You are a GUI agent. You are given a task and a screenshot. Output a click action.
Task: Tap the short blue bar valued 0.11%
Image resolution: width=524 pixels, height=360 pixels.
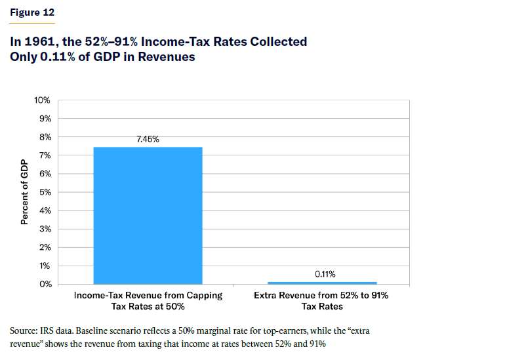click(321, 283)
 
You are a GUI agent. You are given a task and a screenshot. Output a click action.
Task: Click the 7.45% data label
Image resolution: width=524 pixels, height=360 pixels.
click(148, 139)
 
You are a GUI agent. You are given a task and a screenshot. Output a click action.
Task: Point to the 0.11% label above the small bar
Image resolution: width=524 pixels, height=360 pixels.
click(321, 274)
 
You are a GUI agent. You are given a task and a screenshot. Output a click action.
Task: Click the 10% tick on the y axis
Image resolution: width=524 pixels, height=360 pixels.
click(42, 100)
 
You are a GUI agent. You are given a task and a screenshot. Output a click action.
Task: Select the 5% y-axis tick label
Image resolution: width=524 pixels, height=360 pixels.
click(45, 192)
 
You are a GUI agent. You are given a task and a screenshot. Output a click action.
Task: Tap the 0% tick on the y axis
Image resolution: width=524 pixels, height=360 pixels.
click(45, 284)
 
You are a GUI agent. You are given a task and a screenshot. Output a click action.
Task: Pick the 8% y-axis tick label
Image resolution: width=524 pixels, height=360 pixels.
click(45, 137)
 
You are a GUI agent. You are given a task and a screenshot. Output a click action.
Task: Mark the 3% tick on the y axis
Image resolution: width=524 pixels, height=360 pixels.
click(45, 229)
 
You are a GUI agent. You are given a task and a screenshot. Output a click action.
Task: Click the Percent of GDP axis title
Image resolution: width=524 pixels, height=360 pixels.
click(24, 192)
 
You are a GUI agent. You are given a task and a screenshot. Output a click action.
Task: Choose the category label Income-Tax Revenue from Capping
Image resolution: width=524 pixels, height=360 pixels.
click(148, 296)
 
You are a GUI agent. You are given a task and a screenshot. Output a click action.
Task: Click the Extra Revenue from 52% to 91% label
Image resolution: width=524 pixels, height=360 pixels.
click(321, 296)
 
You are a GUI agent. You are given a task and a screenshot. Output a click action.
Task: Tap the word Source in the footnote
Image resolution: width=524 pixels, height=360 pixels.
click(24, 331)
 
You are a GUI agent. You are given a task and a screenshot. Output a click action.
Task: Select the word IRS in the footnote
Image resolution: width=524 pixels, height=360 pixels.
click(53, 331)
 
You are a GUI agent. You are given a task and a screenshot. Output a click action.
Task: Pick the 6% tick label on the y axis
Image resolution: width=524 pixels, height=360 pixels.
click(45, 174)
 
